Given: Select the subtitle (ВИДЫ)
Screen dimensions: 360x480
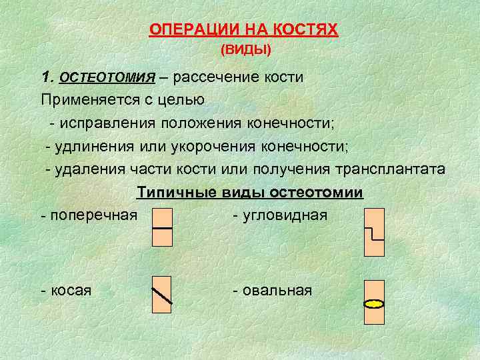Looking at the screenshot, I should point(245,50).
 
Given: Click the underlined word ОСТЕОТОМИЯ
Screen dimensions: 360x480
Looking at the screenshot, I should point(107,77).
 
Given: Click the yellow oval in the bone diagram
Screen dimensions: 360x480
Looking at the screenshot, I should point(375,304).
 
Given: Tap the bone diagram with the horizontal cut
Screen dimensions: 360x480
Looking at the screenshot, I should point(163,227).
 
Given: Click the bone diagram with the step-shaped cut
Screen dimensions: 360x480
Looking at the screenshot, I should point(375,232).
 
